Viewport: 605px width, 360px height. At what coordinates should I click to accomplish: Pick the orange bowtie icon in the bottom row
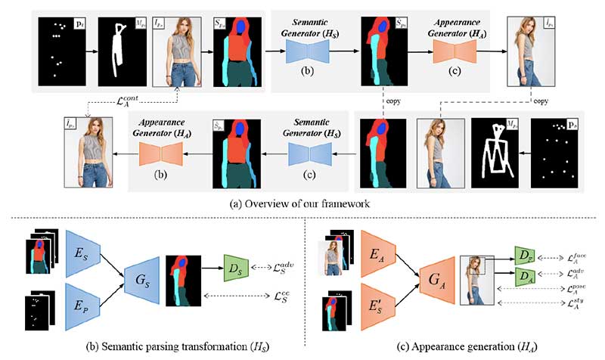click(x=160, y=155)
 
